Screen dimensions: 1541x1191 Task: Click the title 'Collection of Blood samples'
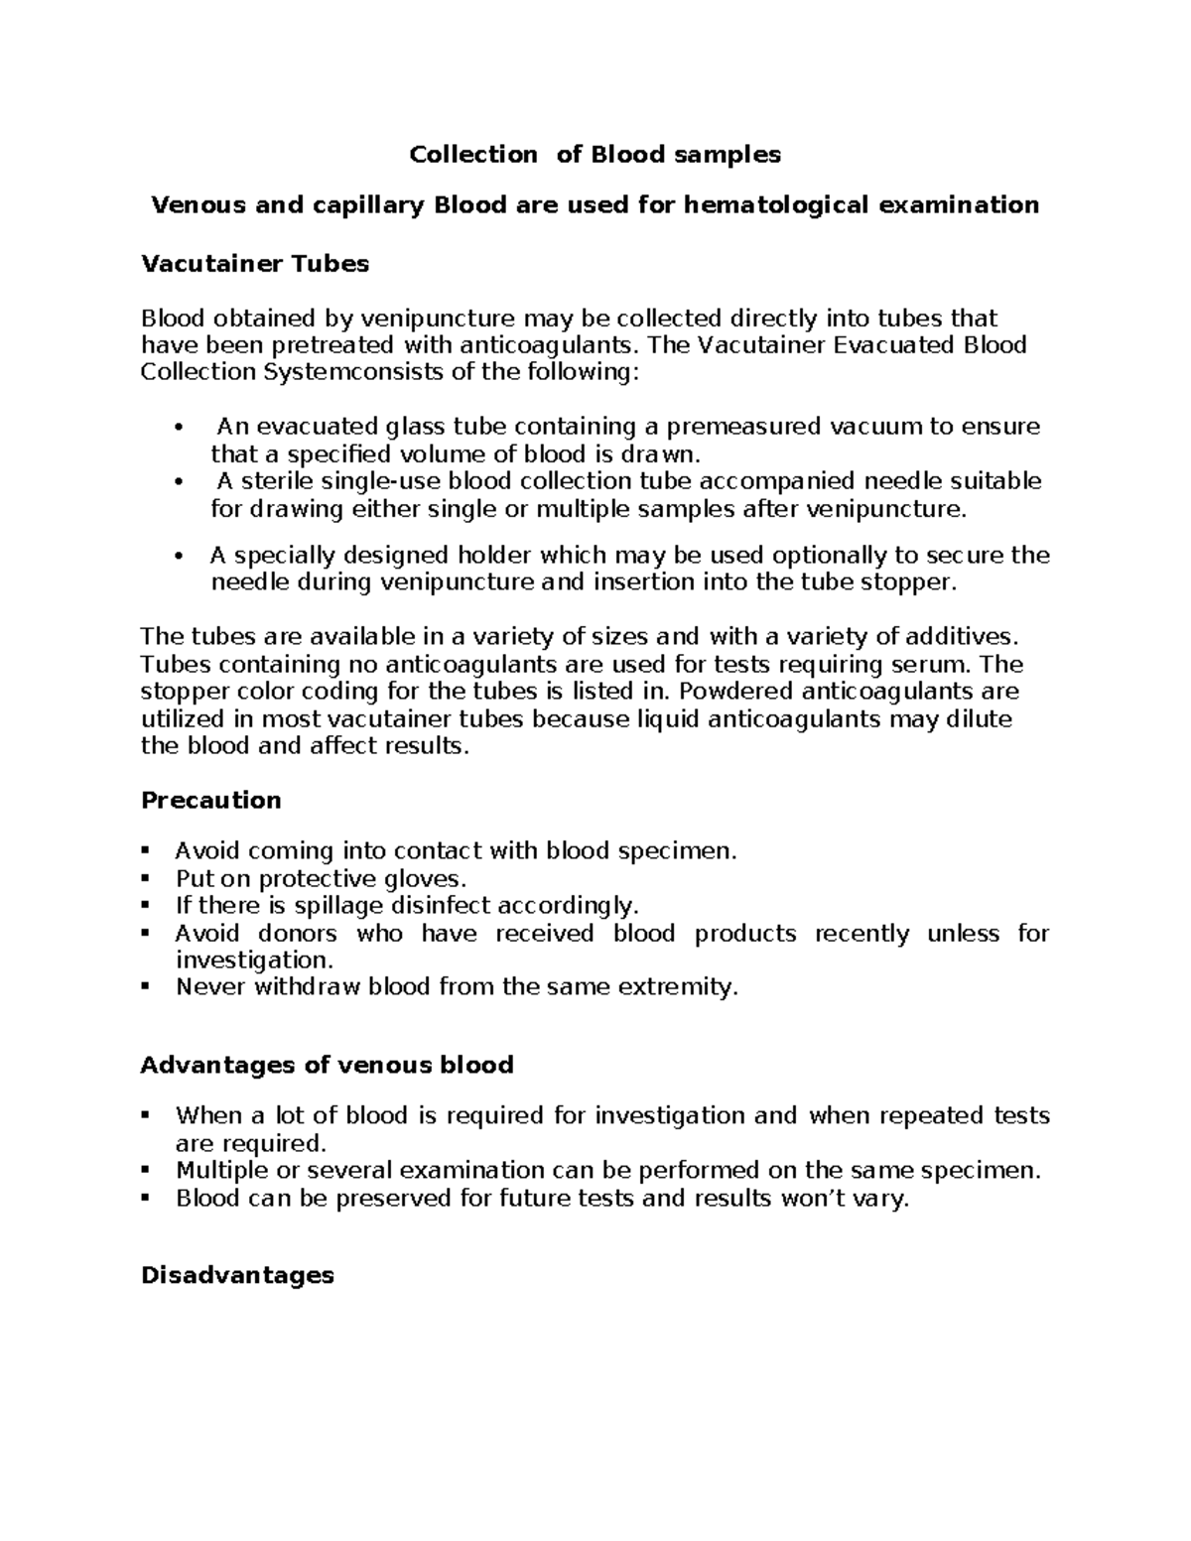(595, 155)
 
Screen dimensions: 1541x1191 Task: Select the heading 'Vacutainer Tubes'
(255, 264)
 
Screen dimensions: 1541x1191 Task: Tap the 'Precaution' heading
(210, 801)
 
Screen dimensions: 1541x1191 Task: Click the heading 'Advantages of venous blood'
(327, 1066)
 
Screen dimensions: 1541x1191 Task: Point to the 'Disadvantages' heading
(237, 1275)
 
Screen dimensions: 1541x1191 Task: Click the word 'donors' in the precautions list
(297, 934)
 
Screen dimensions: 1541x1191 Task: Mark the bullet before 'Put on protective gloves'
(146, 879)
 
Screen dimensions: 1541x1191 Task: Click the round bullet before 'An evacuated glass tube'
(178, 429)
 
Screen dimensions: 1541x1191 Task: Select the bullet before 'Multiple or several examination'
(146, 1171)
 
